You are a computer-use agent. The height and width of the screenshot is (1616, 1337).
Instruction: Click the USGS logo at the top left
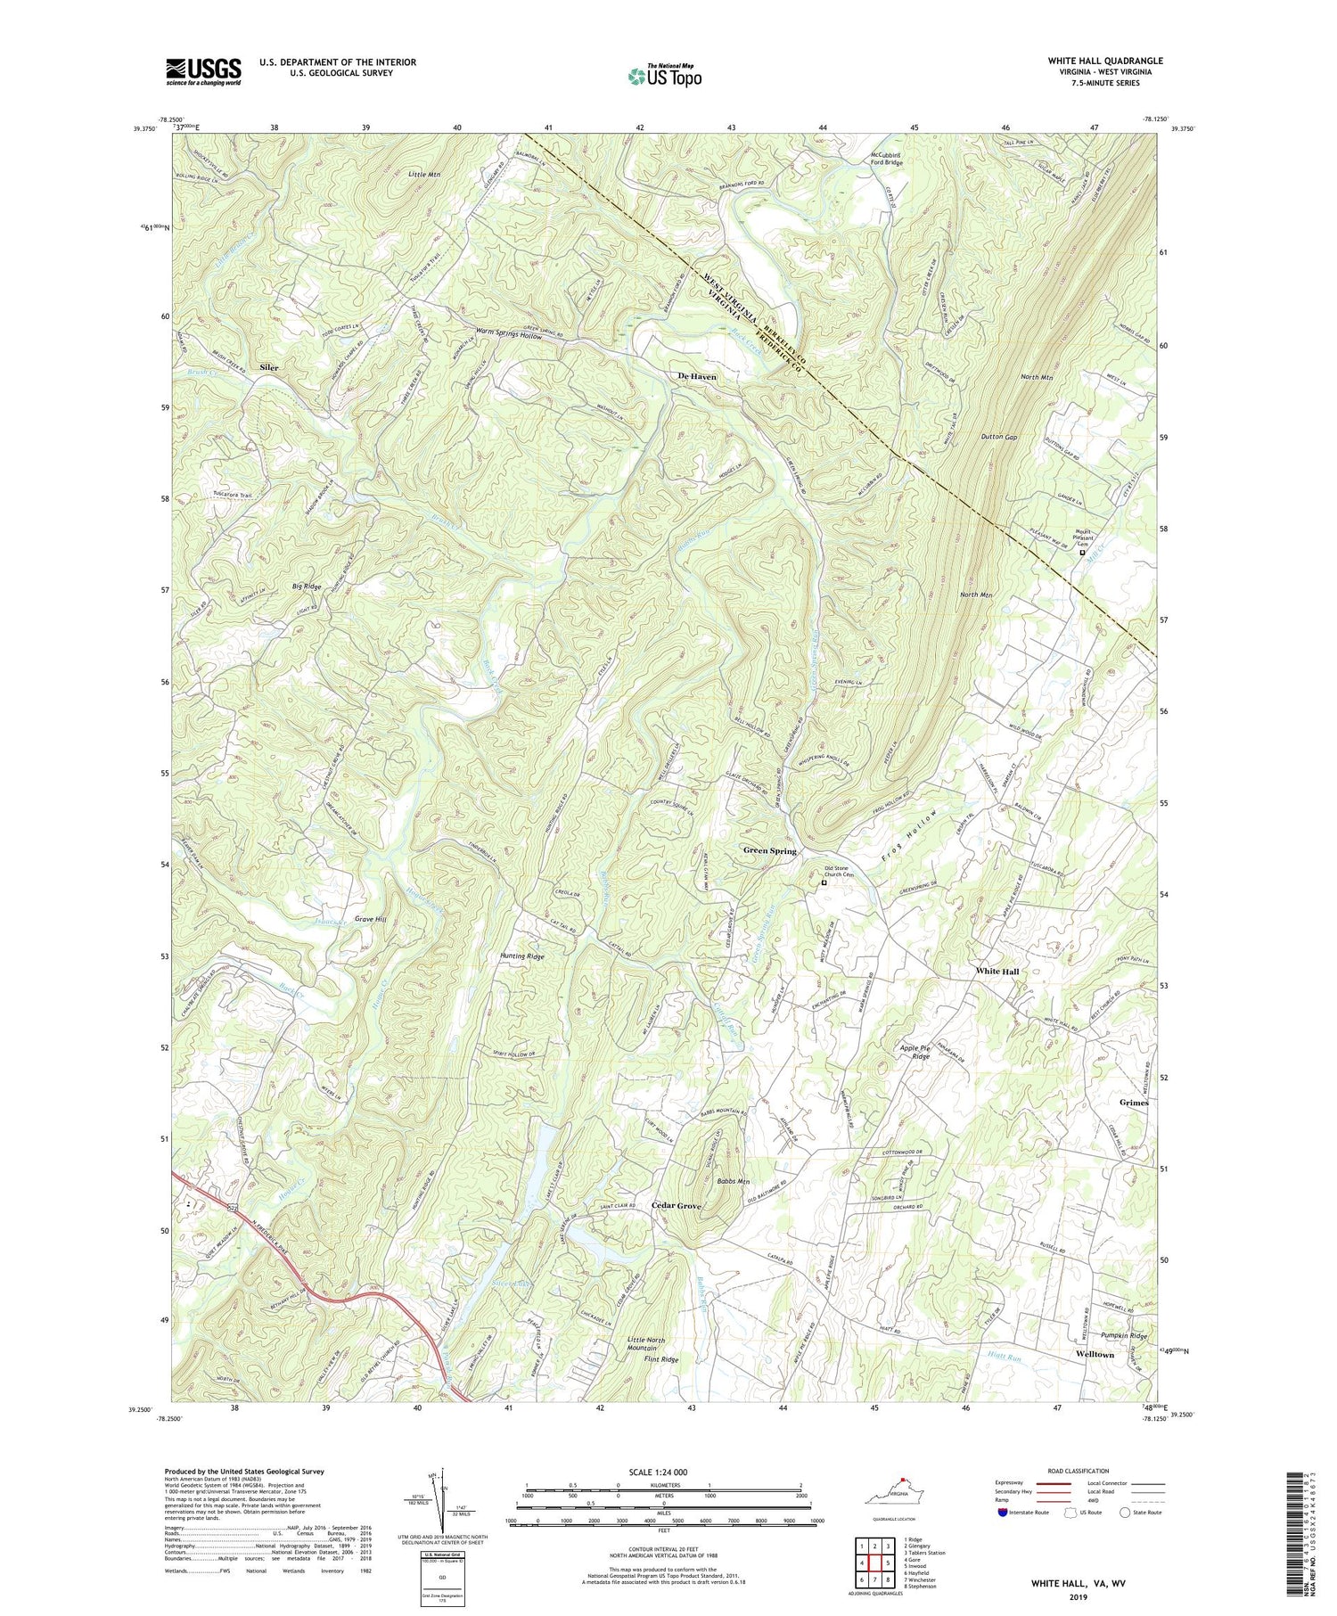coord(203,70)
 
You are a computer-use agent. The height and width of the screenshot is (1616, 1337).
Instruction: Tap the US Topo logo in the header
coord(664,77)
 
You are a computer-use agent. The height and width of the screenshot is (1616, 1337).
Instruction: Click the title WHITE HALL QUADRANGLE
coord(1105,61)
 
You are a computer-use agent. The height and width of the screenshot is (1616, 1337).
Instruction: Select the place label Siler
coord(268,367)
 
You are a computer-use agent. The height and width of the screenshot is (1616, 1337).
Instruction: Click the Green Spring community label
coord(769,851)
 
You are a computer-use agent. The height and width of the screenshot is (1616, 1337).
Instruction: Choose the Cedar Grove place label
coord(677,1206)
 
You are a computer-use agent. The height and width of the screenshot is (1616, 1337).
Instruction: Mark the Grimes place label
coord(1134,1103)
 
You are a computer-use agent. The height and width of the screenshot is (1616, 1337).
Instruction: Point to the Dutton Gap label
coord(998,438)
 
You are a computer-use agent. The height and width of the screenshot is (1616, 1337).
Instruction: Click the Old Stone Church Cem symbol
coord(824,884)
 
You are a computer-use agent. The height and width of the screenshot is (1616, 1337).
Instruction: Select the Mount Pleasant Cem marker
coord(1083,553)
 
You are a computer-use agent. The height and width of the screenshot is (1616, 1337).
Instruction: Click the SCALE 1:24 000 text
coord(661,1472)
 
